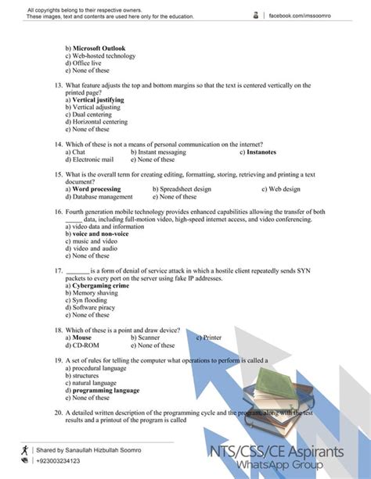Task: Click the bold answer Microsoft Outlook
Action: pyautogui.click(x=98, y=48)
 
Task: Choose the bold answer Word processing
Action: pyautogui.click(x=95, y=189)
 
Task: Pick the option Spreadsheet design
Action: pyautogui.click(x=182, y=189)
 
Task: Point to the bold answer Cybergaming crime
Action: pyautogui.click(x=100, y=285)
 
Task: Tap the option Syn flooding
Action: pyautogui.click(x=89, y=300)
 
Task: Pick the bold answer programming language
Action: pyautogui.click(x=105, y=390)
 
